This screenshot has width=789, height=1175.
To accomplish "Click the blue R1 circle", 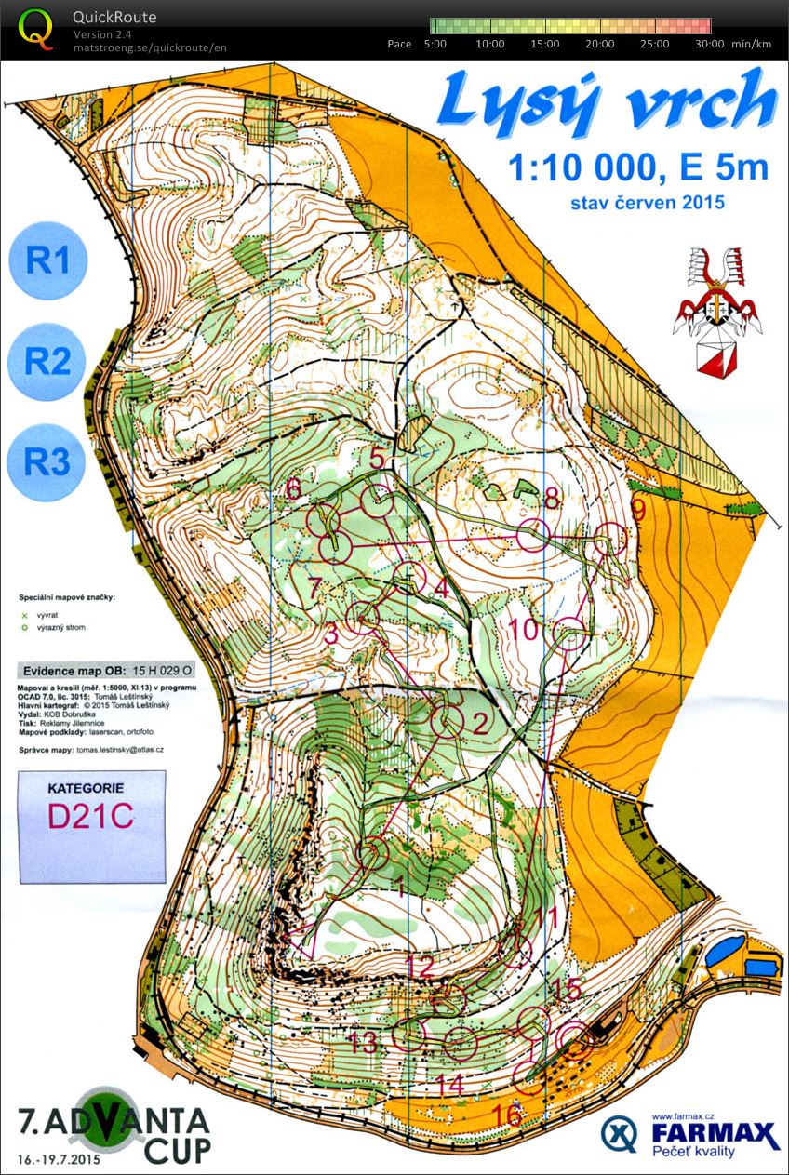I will [47, 260].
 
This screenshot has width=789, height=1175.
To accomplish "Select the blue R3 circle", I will [47, 461].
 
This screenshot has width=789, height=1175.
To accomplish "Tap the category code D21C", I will [91, 815].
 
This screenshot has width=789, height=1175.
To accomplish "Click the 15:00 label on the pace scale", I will [544, 44].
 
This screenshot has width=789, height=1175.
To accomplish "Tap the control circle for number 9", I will [610, 540].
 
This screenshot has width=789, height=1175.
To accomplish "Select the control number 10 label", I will [525, 629].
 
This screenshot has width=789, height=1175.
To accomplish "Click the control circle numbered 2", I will [450, 719].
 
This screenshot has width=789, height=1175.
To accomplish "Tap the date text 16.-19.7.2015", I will [58, 1160].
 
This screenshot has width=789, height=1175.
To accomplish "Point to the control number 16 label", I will [507, 1113].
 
